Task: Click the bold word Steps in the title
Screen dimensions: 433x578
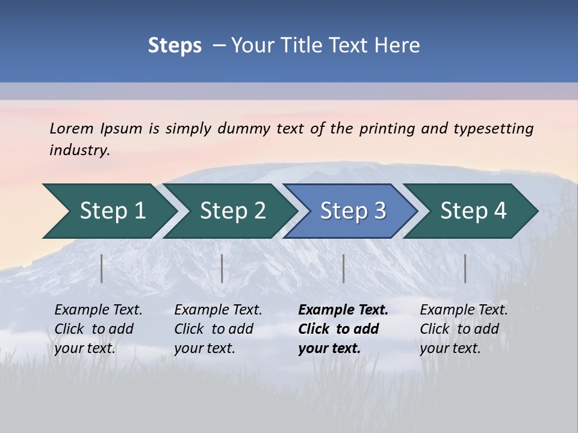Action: pyautogui.click(x=175, y=46)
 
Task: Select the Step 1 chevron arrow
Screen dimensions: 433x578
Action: pyautogui.click(x=108, y=211)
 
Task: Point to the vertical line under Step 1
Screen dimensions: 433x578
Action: pyautogui.click(x=102, y=268)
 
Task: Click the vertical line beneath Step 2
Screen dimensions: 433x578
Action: pyautogui.click(x=222, y=268)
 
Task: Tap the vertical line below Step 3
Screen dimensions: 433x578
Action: pyautogui.click(x=344, y=268)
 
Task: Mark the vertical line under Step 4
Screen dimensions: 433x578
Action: pyautogui.click(x=465, y=268)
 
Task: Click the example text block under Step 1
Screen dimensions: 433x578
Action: pyautogui.click(x=98, y=329)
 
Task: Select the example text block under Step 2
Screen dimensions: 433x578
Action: pyautogui.click(x=217, y=329)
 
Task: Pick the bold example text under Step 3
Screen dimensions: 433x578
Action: pyautogui.click(x=343, y=329)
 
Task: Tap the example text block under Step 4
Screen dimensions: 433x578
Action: pyautogui.click(x=463, y=329)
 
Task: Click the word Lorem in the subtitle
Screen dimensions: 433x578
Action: pyautogui.click(x=72, y=128)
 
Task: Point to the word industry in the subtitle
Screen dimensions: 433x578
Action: pyautogui.click(x=79, y=150)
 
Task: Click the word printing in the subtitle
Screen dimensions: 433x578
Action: pyautogui.click(x=387, y=128)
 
